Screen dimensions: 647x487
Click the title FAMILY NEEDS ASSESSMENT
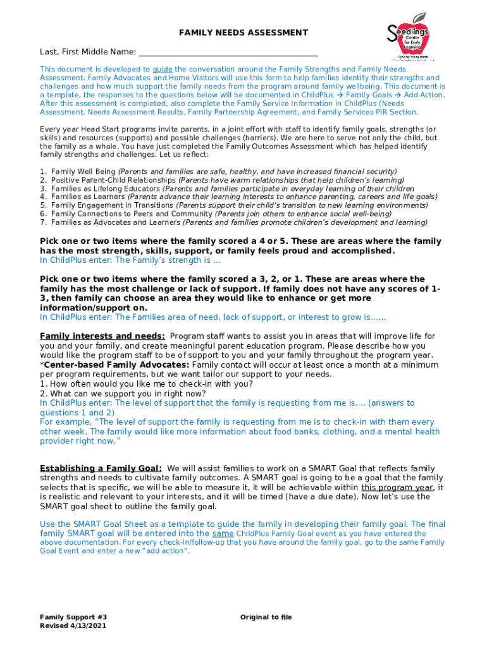tap(244, 32)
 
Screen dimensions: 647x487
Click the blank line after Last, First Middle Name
tap(228, 51)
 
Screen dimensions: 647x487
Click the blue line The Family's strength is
tap(130, 260)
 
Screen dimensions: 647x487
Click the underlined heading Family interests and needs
tap(102, 336)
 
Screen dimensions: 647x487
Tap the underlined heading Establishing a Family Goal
tap(101, 468)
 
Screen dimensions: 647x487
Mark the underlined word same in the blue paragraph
tap(223, 533)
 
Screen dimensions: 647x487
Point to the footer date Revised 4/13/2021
tap(73, 626)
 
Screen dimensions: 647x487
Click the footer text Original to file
tap(266, 617)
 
